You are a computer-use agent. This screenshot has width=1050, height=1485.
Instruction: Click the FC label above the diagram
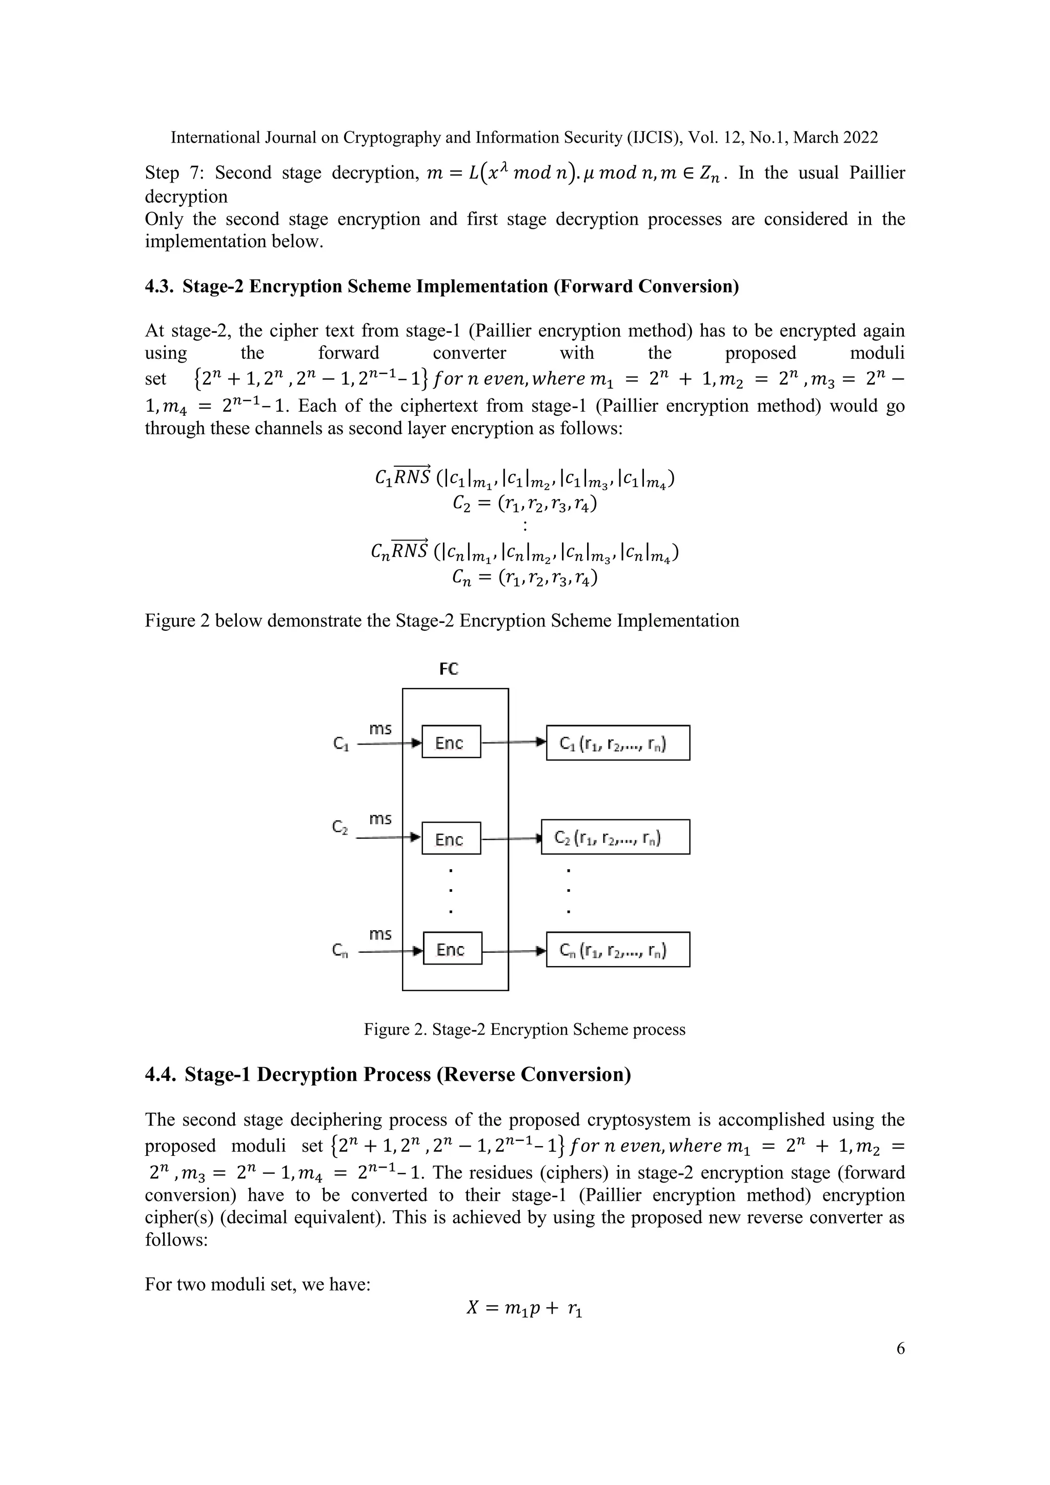pos(449,669)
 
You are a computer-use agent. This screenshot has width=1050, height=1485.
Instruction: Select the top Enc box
pos(451,742)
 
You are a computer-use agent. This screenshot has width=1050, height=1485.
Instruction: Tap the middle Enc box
pos(451,838)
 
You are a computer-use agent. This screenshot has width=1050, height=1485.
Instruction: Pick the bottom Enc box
pos(452,948)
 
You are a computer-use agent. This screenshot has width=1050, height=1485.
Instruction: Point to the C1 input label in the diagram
pos(341,745)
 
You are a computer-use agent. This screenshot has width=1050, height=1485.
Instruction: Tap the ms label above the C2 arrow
pos(380,819)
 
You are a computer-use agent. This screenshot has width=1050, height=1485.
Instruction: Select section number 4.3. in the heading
pos(159,286)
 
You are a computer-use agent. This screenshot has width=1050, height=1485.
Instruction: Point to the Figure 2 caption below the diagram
pos(524,1029)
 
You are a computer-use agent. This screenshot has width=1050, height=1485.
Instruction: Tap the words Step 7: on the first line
pos(172,173)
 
